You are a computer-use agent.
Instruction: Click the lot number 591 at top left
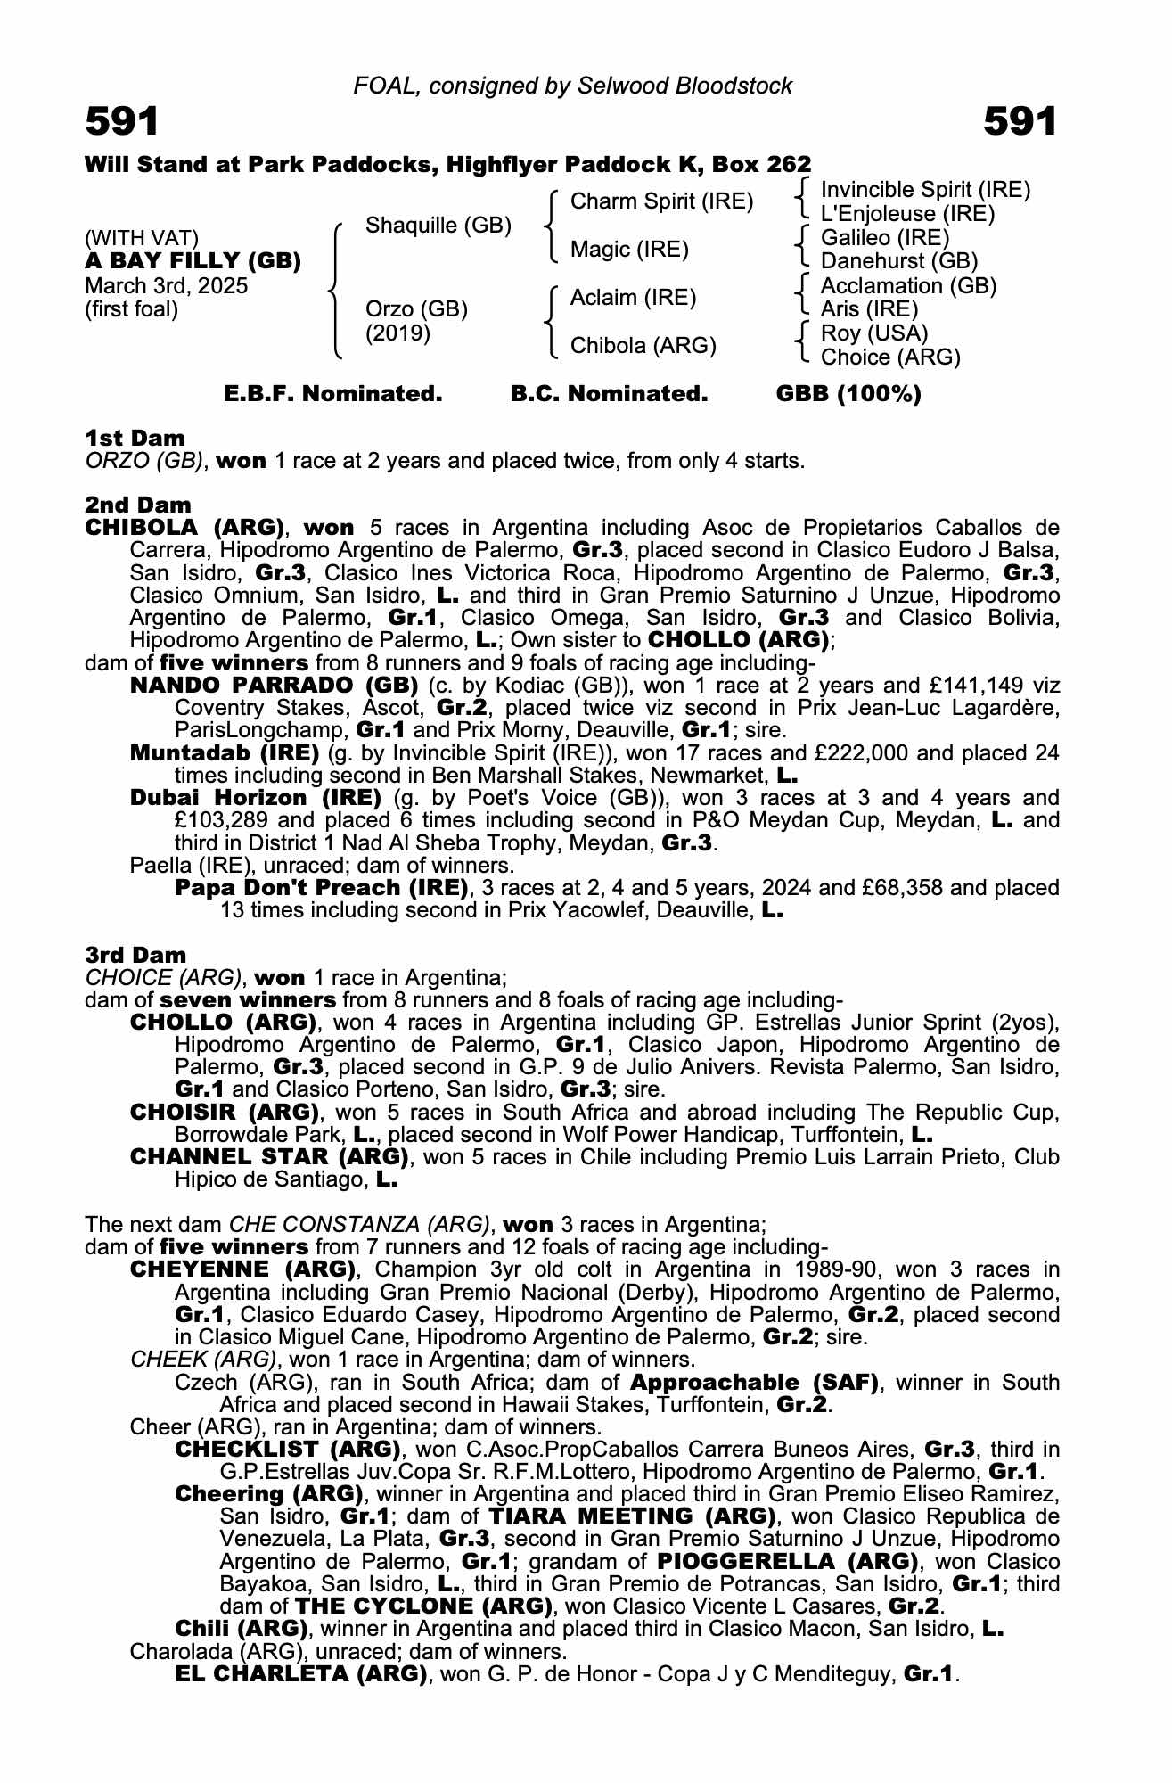[122, 121]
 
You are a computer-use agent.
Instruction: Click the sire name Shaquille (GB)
[438, 226]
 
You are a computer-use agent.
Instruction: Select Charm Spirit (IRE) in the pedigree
[661, 201]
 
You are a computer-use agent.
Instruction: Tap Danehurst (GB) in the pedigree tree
[898, 261]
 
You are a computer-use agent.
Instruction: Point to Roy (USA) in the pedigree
[873, 333]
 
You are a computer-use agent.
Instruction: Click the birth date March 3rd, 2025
[167, 286]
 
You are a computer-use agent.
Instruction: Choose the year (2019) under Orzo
[398, 333]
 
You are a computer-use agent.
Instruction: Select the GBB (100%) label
[848, 394]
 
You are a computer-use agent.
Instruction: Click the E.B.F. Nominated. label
[332, 394]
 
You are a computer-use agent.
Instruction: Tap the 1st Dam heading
[135, 438]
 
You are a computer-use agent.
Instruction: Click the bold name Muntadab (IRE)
[225, 752]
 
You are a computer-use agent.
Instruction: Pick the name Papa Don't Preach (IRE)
[322, 888]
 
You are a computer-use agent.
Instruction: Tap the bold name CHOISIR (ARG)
[225, 1113]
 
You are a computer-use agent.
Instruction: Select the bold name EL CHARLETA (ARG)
[301, 1674]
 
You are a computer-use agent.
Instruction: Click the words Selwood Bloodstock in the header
[684, 86]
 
